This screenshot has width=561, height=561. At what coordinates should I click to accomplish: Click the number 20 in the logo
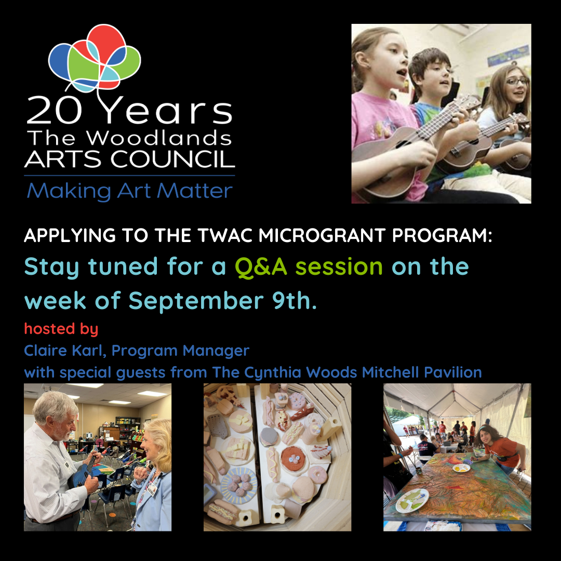(55, 110)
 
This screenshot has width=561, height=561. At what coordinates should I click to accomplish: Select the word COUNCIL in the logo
(172, 159)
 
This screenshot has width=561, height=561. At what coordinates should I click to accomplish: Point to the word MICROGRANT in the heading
(322, 235)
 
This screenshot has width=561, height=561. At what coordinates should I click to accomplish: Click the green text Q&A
(261, 268)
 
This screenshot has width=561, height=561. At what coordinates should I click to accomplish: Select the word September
(196, 301)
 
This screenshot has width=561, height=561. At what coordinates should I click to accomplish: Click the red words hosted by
(61, 329)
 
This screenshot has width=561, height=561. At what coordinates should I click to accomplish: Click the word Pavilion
(452, 372)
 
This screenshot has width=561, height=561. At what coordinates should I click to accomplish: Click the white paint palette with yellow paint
(461, 468)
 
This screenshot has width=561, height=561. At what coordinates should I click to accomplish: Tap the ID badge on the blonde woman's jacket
(152, 487)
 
